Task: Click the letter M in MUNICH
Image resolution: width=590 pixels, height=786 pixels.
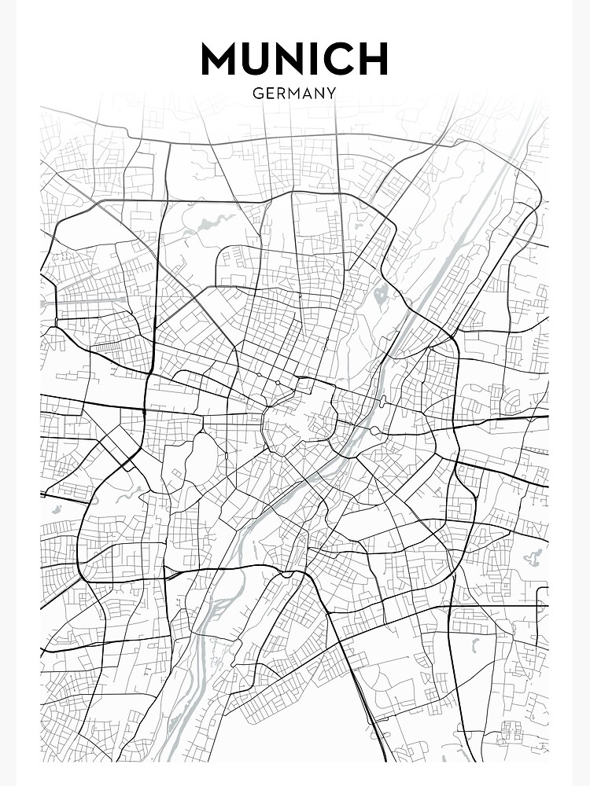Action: click(x=221, y=59)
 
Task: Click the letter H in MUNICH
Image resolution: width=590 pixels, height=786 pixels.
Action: click(x=373, y=59)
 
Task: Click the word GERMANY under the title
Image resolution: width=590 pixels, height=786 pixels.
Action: click(x=294, y=93)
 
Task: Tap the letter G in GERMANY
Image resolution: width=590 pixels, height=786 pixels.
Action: click(x=257, y=93)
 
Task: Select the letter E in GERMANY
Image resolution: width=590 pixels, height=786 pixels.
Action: click(x=268, y=93)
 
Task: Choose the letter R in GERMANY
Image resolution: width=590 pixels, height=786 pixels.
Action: click(x=279, y=93)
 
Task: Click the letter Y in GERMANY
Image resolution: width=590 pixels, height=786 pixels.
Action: click(x=330, y=93)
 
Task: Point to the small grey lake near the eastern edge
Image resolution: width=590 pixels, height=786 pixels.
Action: click(x=534, y=559)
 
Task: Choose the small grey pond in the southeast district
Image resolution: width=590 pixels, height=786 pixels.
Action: click(x=475, y=646)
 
